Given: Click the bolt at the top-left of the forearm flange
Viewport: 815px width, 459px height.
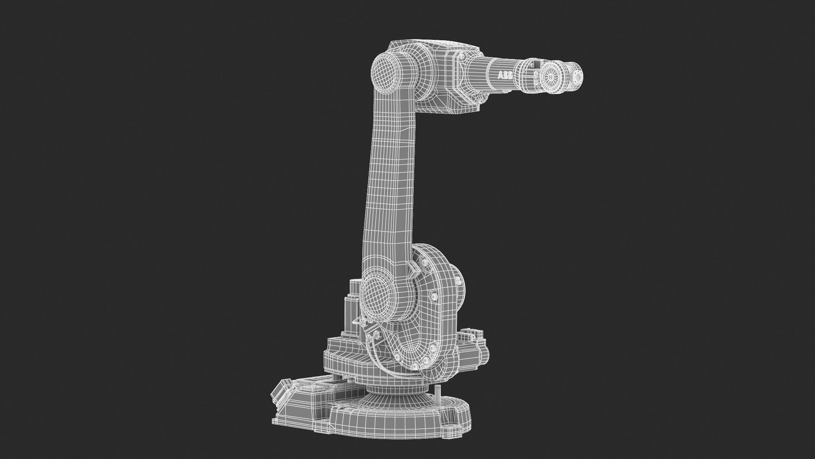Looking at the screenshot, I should point(462,56).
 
